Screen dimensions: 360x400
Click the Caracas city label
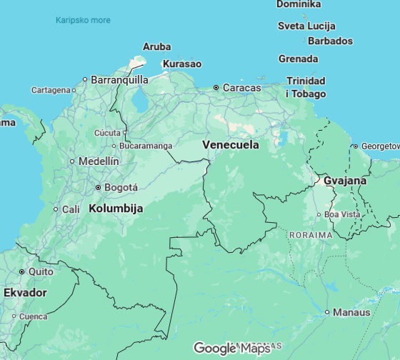click(241, 88)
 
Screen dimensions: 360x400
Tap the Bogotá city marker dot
click(99, 188)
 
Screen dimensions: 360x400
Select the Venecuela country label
click(230, 144)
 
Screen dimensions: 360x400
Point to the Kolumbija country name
click(116, 209)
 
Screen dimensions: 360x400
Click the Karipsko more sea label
click(83, 20)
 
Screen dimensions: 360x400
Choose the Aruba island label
click(156, 46)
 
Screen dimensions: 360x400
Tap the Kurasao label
click(182, 64)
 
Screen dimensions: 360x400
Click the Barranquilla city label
click(119, 80)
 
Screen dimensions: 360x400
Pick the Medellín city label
click(99, 161)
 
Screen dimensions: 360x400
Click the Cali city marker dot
click(55, 209)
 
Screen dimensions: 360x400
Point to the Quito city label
click(40, 271)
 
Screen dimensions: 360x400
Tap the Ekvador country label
click(25, 293)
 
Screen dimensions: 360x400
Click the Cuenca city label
click(33, 316)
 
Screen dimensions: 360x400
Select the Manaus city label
click(352, 312)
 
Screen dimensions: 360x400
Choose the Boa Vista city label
click(342, 214)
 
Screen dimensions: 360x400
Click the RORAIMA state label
click(311, 234)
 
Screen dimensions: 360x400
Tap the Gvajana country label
click(345, 181)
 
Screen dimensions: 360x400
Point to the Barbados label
click(330, 41)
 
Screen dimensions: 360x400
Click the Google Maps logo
click(232, 349)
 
